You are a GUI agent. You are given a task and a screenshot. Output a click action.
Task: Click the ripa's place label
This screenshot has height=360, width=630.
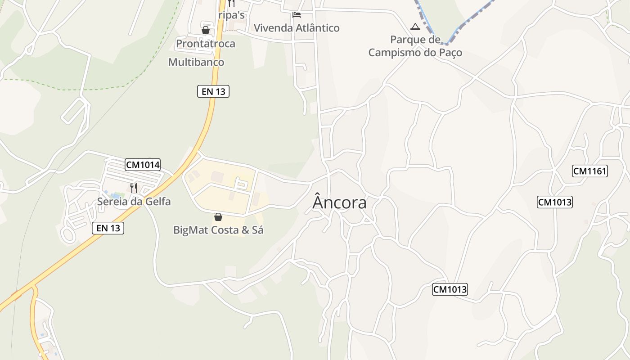pyautogui.click(x=231, y=15)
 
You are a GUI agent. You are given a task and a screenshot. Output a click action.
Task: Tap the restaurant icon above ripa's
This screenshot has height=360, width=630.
pyautogui.click(x=231, y=3)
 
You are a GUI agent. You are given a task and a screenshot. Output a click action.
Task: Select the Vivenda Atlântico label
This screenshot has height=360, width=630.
pyautogui.click(x=297, y=28)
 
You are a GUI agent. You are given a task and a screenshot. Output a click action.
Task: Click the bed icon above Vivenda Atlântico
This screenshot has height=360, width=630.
pyautogui.click(x=296, y=15)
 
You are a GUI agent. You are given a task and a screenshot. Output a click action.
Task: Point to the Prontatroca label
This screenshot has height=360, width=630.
pyautogui.click(x=206, y=44)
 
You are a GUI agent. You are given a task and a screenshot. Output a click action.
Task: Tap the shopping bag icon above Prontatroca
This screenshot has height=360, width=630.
pyautogui.click(x=206, y=30)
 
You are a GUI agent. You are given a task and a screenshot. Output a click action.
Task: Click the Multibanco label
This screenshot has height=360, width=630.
pyautogui.click(x=196, y=62)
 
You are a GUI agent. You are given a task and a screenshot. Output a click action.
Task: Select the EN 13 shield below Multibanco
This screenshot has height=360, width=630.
pyautogui.click(x=213, y=91)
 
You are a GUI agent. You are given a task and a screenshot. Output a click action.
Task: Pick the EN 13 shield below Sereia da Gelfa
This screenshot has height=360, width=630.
pyautogui.click(x=108, y=228)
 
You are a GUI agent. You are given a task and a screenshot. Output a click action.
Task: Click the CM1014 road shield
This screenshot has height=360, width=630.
pyautogui.click(x=143, y=165)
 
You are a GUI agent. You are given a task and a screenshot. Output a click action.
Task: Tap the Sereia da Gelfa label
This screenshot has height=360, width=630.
pyautogui.click(x=134, y=202)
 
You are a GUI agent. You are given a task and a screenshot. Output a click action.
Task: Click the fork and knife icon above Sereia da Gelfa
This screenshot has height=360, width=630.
pyautogui.click(x=134, y=188)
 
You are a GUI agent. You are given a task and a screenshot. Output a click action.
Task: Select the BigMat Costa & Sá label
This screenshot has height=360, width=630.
pyautogui.click(x=218, y=230)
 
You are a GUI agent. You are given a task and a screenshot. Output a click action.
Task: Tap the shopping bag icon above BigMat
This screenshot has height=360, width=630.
pyautogui.click(x=218, y=217)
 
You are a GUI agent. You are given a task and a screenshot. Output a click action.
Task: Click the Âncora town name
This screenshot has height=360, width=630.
pyautogui.click(x=339, y=202)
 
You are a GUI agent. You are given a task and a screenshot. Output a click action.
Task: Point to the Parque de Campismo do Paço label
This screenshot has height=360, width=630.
pyautogui.click(x=415, y=46)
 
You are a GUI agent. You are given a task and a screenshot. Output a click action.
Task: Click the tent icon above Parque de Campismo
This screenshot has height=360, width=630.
pyautogui.click(x=415, y=27)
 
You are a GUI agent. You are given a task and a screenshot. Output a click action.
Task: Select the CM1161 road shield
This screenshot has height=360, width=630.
pyautogui.click(x=590, y=171)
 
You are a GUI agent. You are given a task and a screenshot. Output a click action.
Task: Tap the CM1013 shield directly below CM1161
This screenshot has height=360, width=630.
pyautogui.click(x=555, y=202)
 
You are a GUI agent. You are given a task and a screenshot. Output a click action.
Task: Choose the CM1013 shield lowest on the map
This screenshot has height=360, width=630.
pyautogui.click(x=450, y=289)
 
